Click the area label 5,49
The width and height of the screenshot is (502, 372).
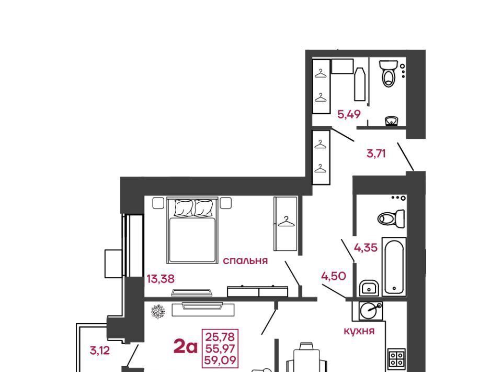349,114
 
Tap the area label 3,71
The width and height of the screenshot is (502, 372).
376,154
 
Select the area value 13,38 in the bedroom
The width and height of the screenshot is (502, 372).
161,279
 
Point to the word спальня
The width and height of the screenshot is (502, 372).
245,261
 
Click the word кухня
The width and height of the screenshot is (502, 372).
359,331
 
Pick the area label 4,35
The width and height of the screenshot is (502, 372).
366,248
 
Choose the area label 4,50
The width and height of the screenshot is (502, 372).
334,276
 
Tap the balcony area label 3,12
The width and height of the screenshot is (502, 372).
100,351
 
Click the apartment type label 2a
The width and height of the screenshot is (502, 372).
185,347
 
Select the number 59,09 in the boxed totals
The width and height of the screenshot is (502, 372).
220,360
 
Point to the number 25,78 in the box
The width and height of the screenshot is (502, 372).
220,337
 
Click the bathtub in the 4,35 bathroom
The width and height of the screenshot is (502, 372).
394,267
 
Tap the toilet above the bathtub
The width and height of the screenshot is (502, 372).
391,218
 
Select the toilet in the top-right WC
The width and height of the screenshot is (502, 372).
389,73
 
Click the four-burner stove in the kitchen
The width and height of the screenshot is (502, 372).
397,358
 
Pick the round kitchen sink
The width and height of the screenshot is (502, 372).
371,311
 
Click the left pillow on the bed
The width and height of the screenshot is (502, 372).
184,208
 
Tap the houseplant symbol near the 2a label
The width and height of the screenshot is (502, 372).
158,311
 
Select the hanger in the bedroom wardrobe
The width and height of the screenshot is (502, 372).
286,222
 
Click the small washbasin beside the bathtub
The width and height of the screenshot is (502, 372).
369,288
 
